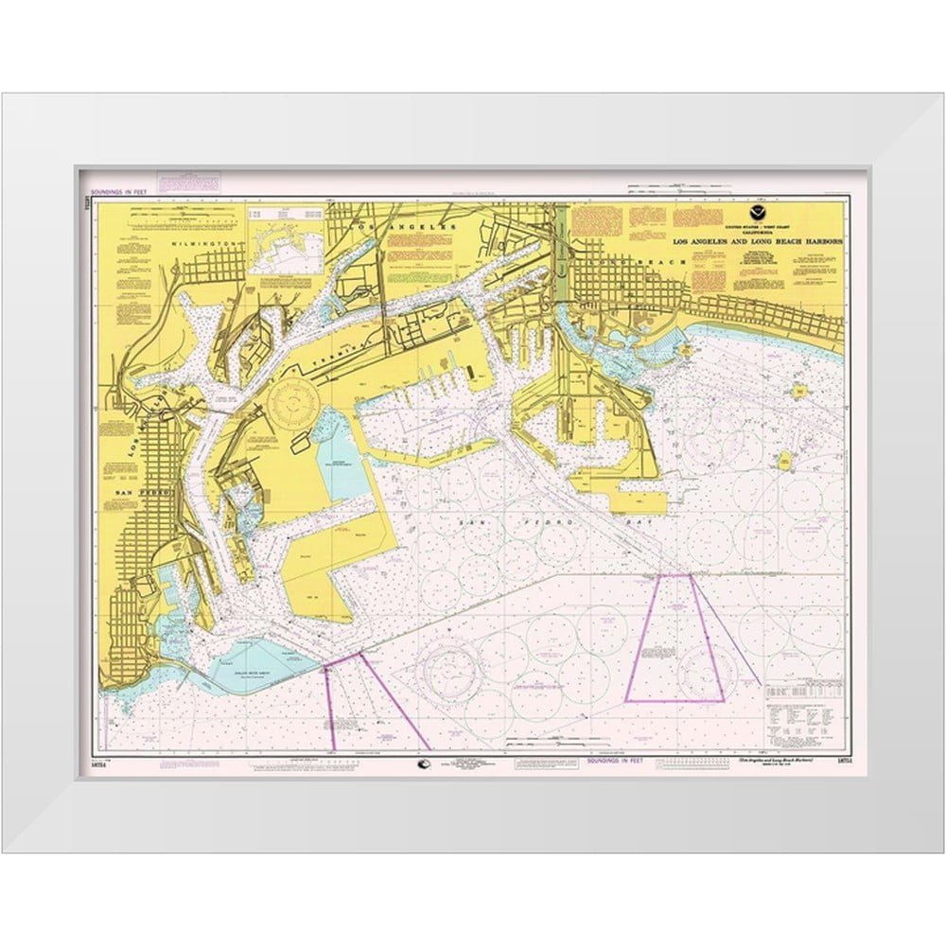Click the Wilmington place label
[214, 243]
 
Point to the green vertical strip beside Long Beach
[562, 236]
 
